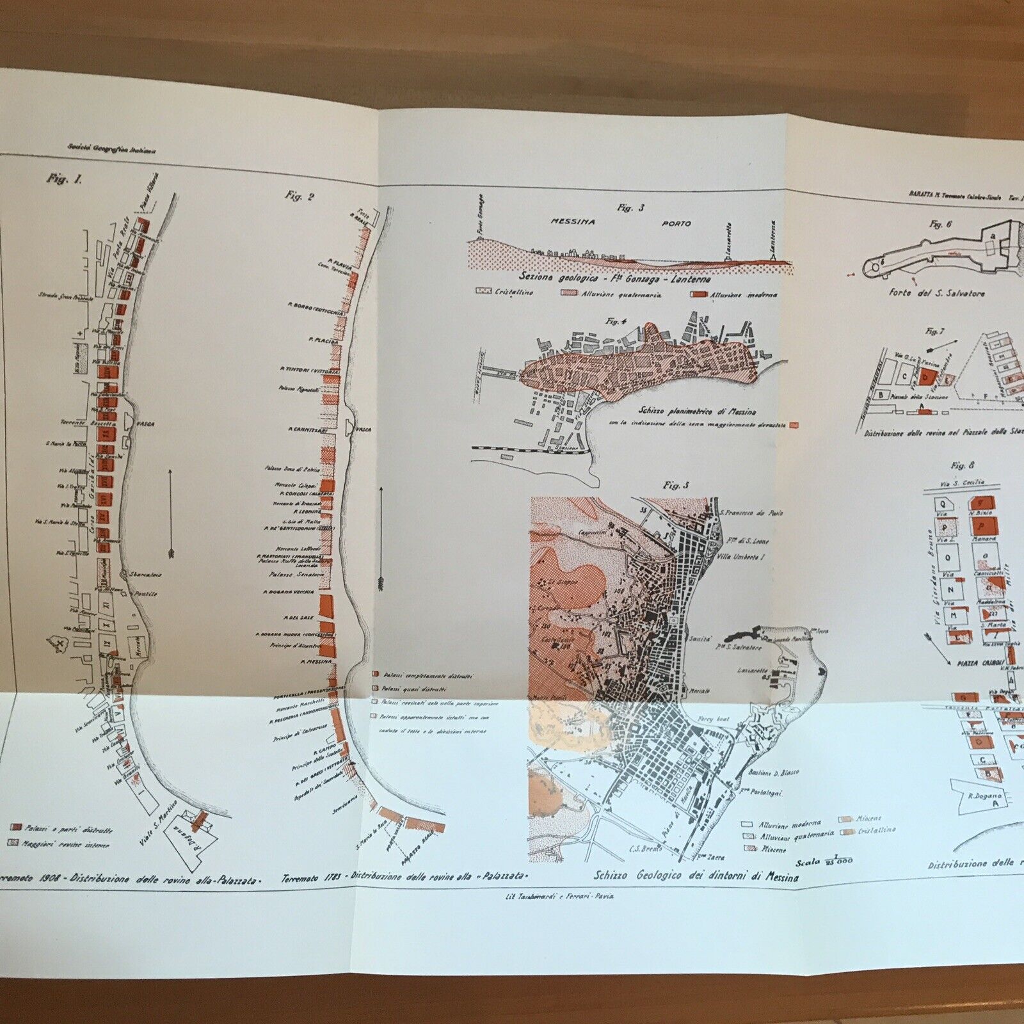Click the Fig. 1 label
pyautogui.click(x=64, y=179)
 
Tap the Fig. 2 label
pyautogui.click(x=300, y=196)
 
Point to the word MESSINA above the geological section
pyautogui.click(x=573, y=221)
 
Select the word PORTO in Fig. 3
pyautogui.click(x=677, y=223)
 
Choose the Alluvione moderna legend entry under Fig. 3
pyautogui.click(x=742, y=295)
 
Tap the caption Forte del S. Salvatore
pyautogui.click(x=936, y=293)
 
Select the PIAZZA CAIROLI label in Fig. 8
pyautogui.click(x=970, y=664)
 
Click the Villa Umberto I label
pyautogui.click(x=742, y=557)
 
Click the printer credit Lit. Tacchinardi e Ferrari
pyautogui.click(x=559, y=896)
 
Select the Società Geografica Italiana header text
pyautogui.click(x=112, y=147)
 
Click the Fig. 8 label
pyautogui.click(x=958, y=465)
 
